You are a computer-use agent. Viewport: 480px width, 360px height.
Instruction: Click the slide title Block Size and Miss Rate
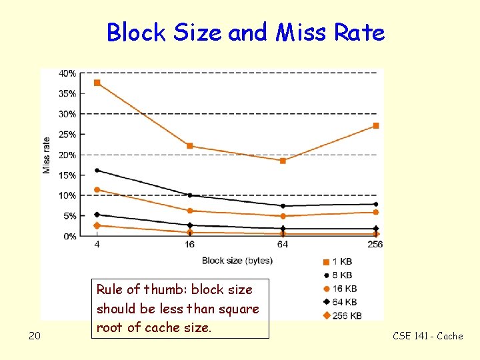click(245, 32)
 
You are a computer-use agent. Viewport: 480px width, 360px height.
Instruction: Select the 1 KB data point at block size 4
click(97, 83)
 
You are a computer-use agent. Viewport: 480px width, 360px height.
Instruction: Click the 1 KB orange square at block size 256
click(376, 125)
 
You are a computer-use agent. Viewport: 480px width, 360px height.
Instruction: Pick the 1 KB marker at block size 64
click(283, 161)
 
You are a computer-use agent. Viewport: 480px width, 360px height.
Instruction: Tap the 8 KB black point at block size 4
click(97, 170)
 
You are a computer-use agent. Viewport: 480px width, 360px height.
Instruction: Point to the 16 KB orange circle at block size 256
click(376, 212)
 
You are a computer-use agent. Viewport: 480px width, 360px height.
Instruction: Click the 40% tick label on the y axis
click(67, 73)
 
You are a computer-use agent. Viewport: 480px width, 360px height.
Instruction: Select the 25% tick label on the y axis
click(67, 135)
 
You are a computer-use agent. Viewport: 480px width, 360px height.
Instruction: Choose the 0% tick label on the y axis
click(69, 237)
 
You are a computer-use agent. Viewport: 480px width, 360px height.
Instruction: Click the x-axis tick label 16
click(190, 245)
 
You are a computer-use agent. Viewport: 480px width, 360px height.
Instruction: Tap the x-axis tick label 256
click(375, 245)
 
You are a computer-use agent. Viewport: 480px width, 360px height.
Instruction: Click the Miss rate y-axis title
click(47, 155)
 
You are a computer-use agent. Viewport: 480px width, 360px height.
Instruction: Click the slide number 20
click(35, 336)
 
